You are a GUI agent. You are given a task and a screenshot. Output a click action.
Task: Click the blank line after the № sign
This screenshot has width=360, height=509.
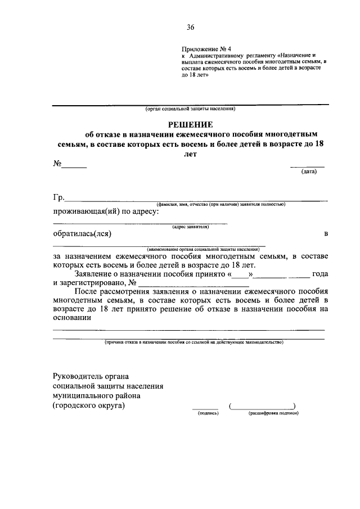coord(74,167)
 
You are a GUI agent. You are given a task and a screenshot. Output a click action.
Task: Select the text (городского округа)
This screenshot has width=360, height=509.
coord(89,405)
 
